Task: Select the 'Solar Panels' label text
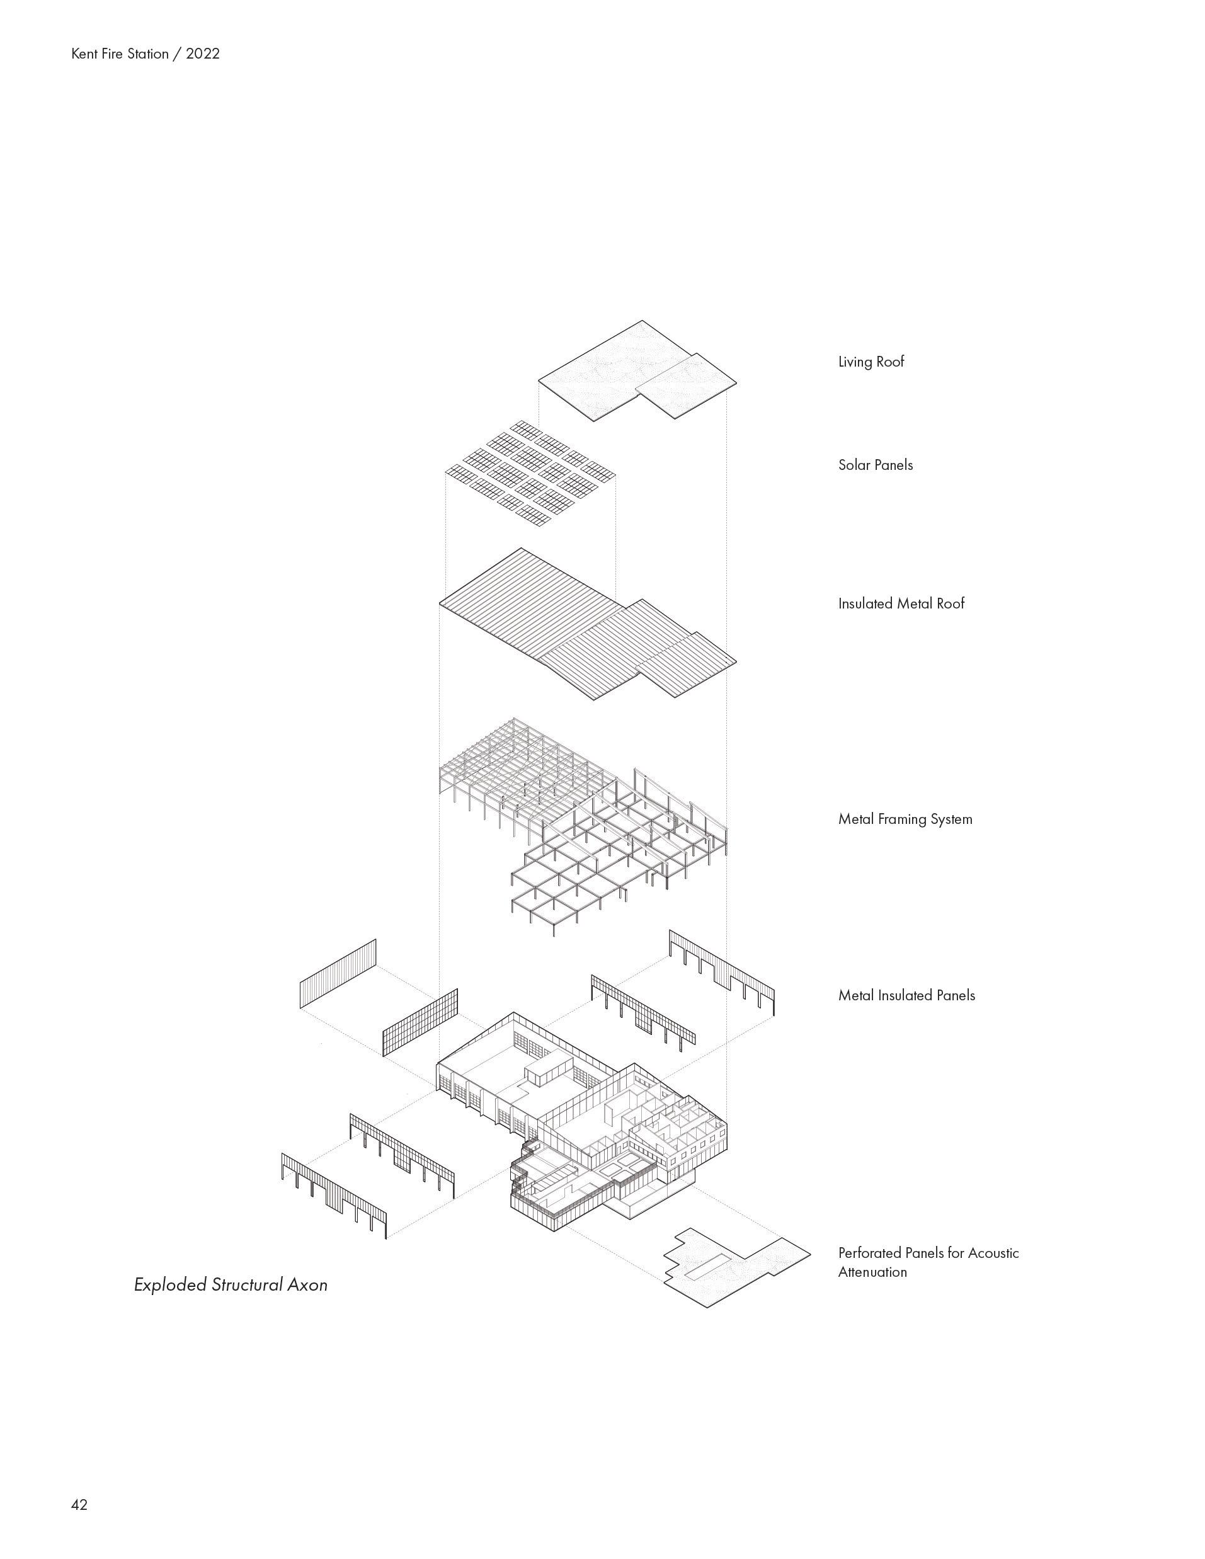[875, 465]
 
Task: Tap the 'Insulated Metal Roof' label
[901, 604]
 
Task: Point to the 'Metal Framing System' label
[905, 819]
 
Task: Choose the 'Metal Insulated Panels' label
[906, 996]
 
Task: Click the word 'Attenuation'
[872, 1272]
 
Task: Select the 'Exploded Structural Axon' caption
[231, 1285]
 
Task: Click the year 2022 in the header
[203, 54]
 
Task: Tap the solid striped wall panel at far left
[338, 974]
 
